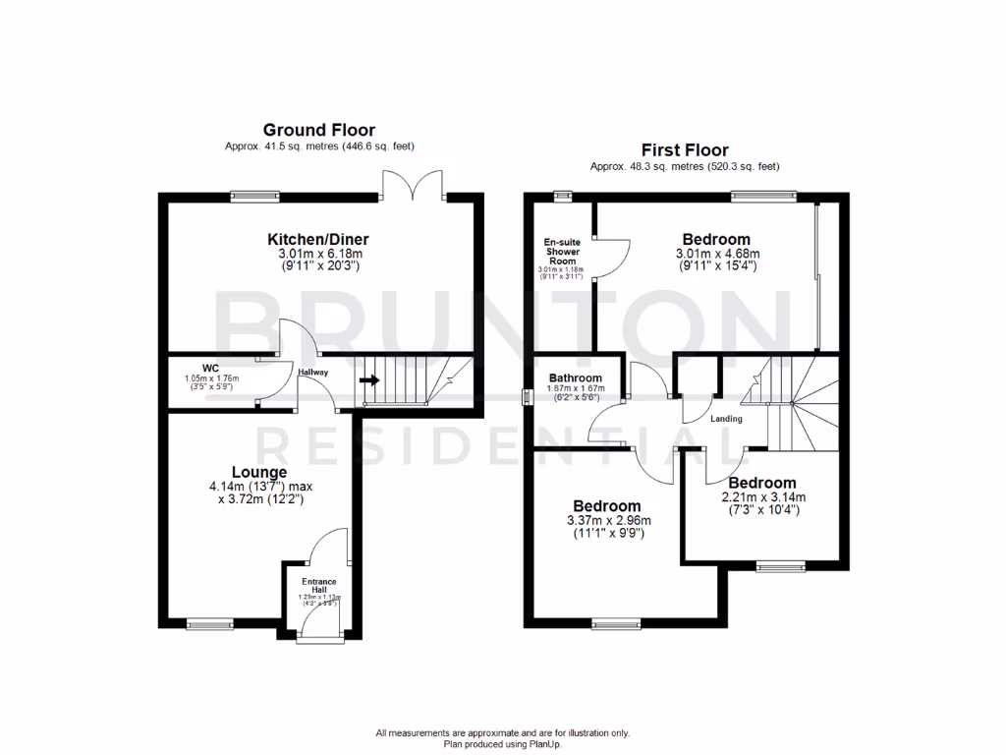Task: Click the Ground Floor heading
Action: pos(318,130)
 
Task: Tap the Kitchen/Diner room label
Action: pos(318,240)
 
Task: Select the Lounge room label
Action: pos(260,472)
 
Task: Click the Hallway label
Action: pos(312,373)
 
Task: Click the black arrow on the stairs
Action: pos(369,379)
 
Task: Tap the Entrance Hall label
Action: pos(317,583)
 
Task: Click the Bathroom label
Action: pos(575,377)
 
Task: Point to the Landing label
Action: pos(726,419)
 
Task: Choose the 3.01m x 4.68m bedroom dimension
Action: pos(717,254)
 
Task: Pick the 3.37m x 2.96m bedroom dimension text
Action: pos(609,520)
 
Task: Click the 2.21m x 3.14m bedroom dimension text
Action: pos(761,497)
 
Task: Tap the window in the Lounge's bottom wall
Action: pos(210,622)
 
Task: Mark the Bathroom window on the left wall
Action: pos(525,397)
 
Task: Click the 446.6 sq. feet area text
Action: pos(374,146)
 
